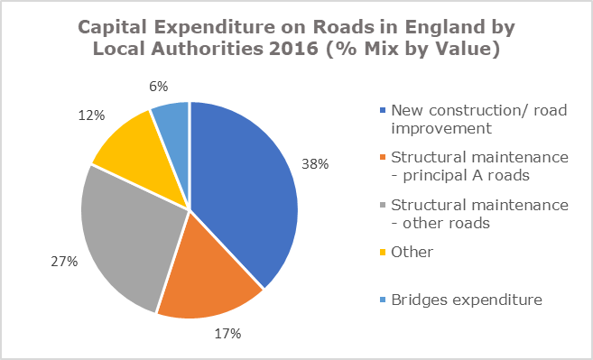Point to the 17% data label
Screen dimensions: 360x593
(227, 334)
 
